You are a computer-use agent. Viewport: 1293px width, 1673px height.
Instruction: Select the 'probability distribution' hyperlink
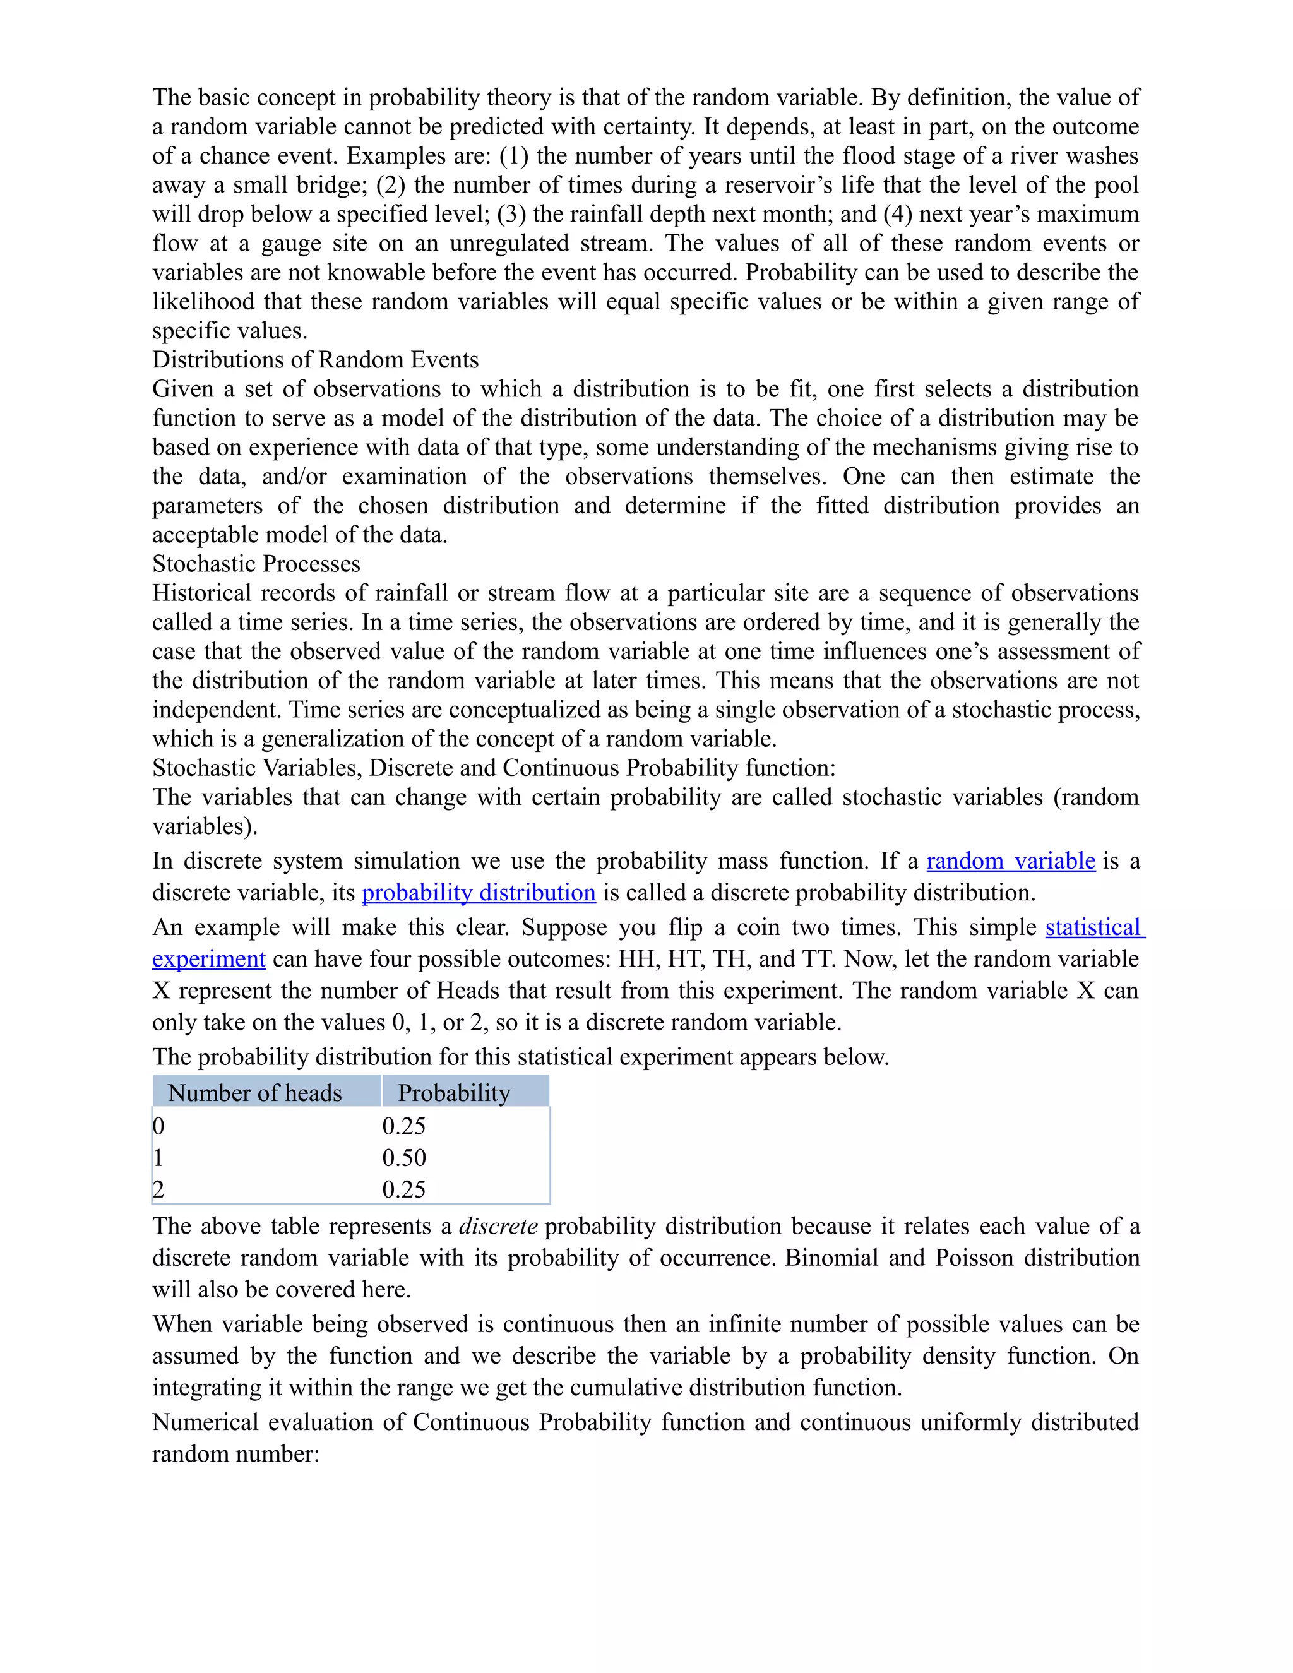[x=478, y=893]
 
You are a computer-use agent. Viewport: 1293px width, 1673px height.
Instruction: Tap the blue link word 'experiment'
[x=208, y=959]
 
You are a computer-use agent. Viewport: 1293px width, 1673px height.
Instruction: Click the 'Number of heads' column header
[x=255, y=1092]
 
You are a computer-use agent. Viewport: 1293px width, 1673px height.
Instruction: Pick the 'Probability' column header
[x=453, y=1092]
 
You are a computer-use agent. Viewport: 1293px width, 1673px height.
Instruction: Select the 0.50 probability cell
[x=403, y=1157]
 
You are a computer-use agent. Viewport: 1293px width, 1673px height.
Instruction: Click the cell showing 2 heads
[x=158, y=1189]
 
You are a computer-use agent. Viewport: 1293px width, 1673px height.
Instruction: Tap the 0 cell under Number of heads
[x=158, y=1126]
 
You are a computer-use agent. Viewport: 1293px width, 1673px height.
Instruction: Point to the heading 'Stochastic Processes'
[x=256, y=564]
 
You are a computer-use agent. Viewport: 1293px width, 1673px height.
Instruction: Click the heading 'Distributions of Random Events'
[x=315, y=360]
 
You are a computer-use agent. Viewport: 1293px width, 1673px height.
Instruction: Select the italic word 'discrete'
[x=498, y=1227]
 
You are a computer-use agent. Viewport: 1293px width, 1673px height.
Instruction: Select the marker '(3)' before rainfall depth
[x=511, y=214]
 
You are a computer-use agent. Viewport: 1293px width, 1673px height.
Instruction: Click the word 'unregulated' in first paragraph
[x=509, y=243]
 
